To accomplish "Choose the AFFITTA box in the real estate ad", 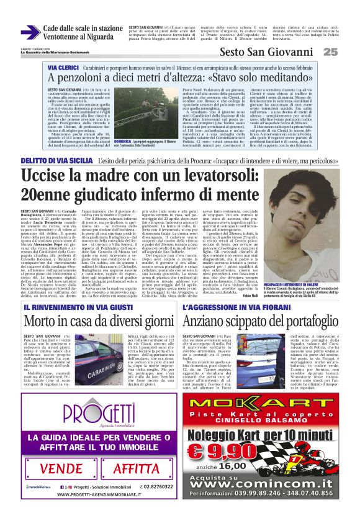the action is tap(136, 468).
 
